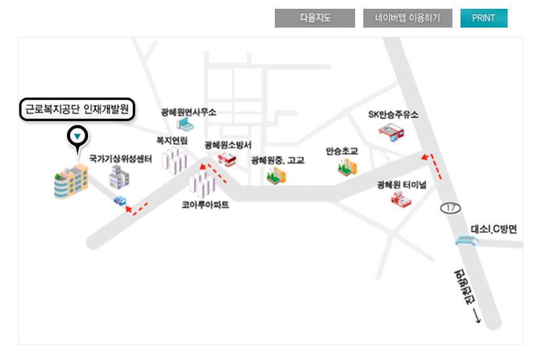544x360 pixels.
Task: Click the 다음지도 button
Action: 315,18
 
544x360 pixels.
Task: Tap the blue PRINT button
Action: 483,18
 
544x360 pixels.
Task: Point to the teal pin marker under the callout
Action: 77,136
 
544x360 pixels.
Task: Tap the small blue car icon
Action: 120,201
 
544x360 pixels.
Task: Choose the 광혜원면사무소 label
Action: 188,112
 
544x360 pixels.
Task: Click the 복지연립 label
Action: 172,140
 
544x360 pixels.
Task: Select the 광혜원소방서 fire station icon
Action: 227,161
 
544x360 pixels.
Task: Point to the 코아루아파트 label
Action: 205,204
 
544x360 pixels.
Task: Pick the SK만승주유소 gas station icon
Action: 392,132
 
